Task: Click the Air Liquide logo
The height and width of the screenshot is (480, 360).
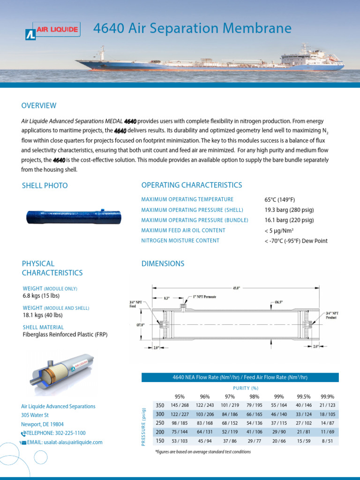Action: pos(52,32)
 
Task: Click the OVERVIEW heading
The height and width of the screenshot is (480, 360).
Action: pos(39,105)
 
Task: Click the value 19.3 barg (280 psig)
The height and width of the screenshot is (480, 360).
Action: pos(289,210)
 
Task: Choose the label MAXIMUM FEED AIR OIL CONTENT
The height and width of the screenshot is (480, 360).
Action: pos(183,231)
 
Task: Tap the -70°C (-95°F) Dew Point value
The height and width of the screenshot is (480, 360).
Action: pos(296,241)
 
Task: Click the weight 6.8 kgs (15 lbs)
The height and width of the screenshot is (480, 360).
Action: pos(41,296)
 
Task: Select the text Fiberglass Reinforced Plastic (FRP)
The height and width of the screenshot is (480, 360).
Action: pos(69,335)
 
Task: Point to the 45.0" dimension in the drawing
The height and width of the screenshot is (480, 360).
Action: pos(236,288)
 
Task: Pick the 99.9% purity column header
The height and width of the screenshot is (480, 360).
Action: pos(327,396)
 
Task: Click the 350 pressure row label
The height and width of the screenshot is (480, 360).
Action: pos(160,405)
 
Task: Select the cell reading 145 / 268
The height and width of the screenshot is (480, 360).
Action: pos(180,405)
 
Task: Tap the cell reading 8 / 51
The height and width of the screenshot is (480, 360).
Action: pos(327,441)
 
